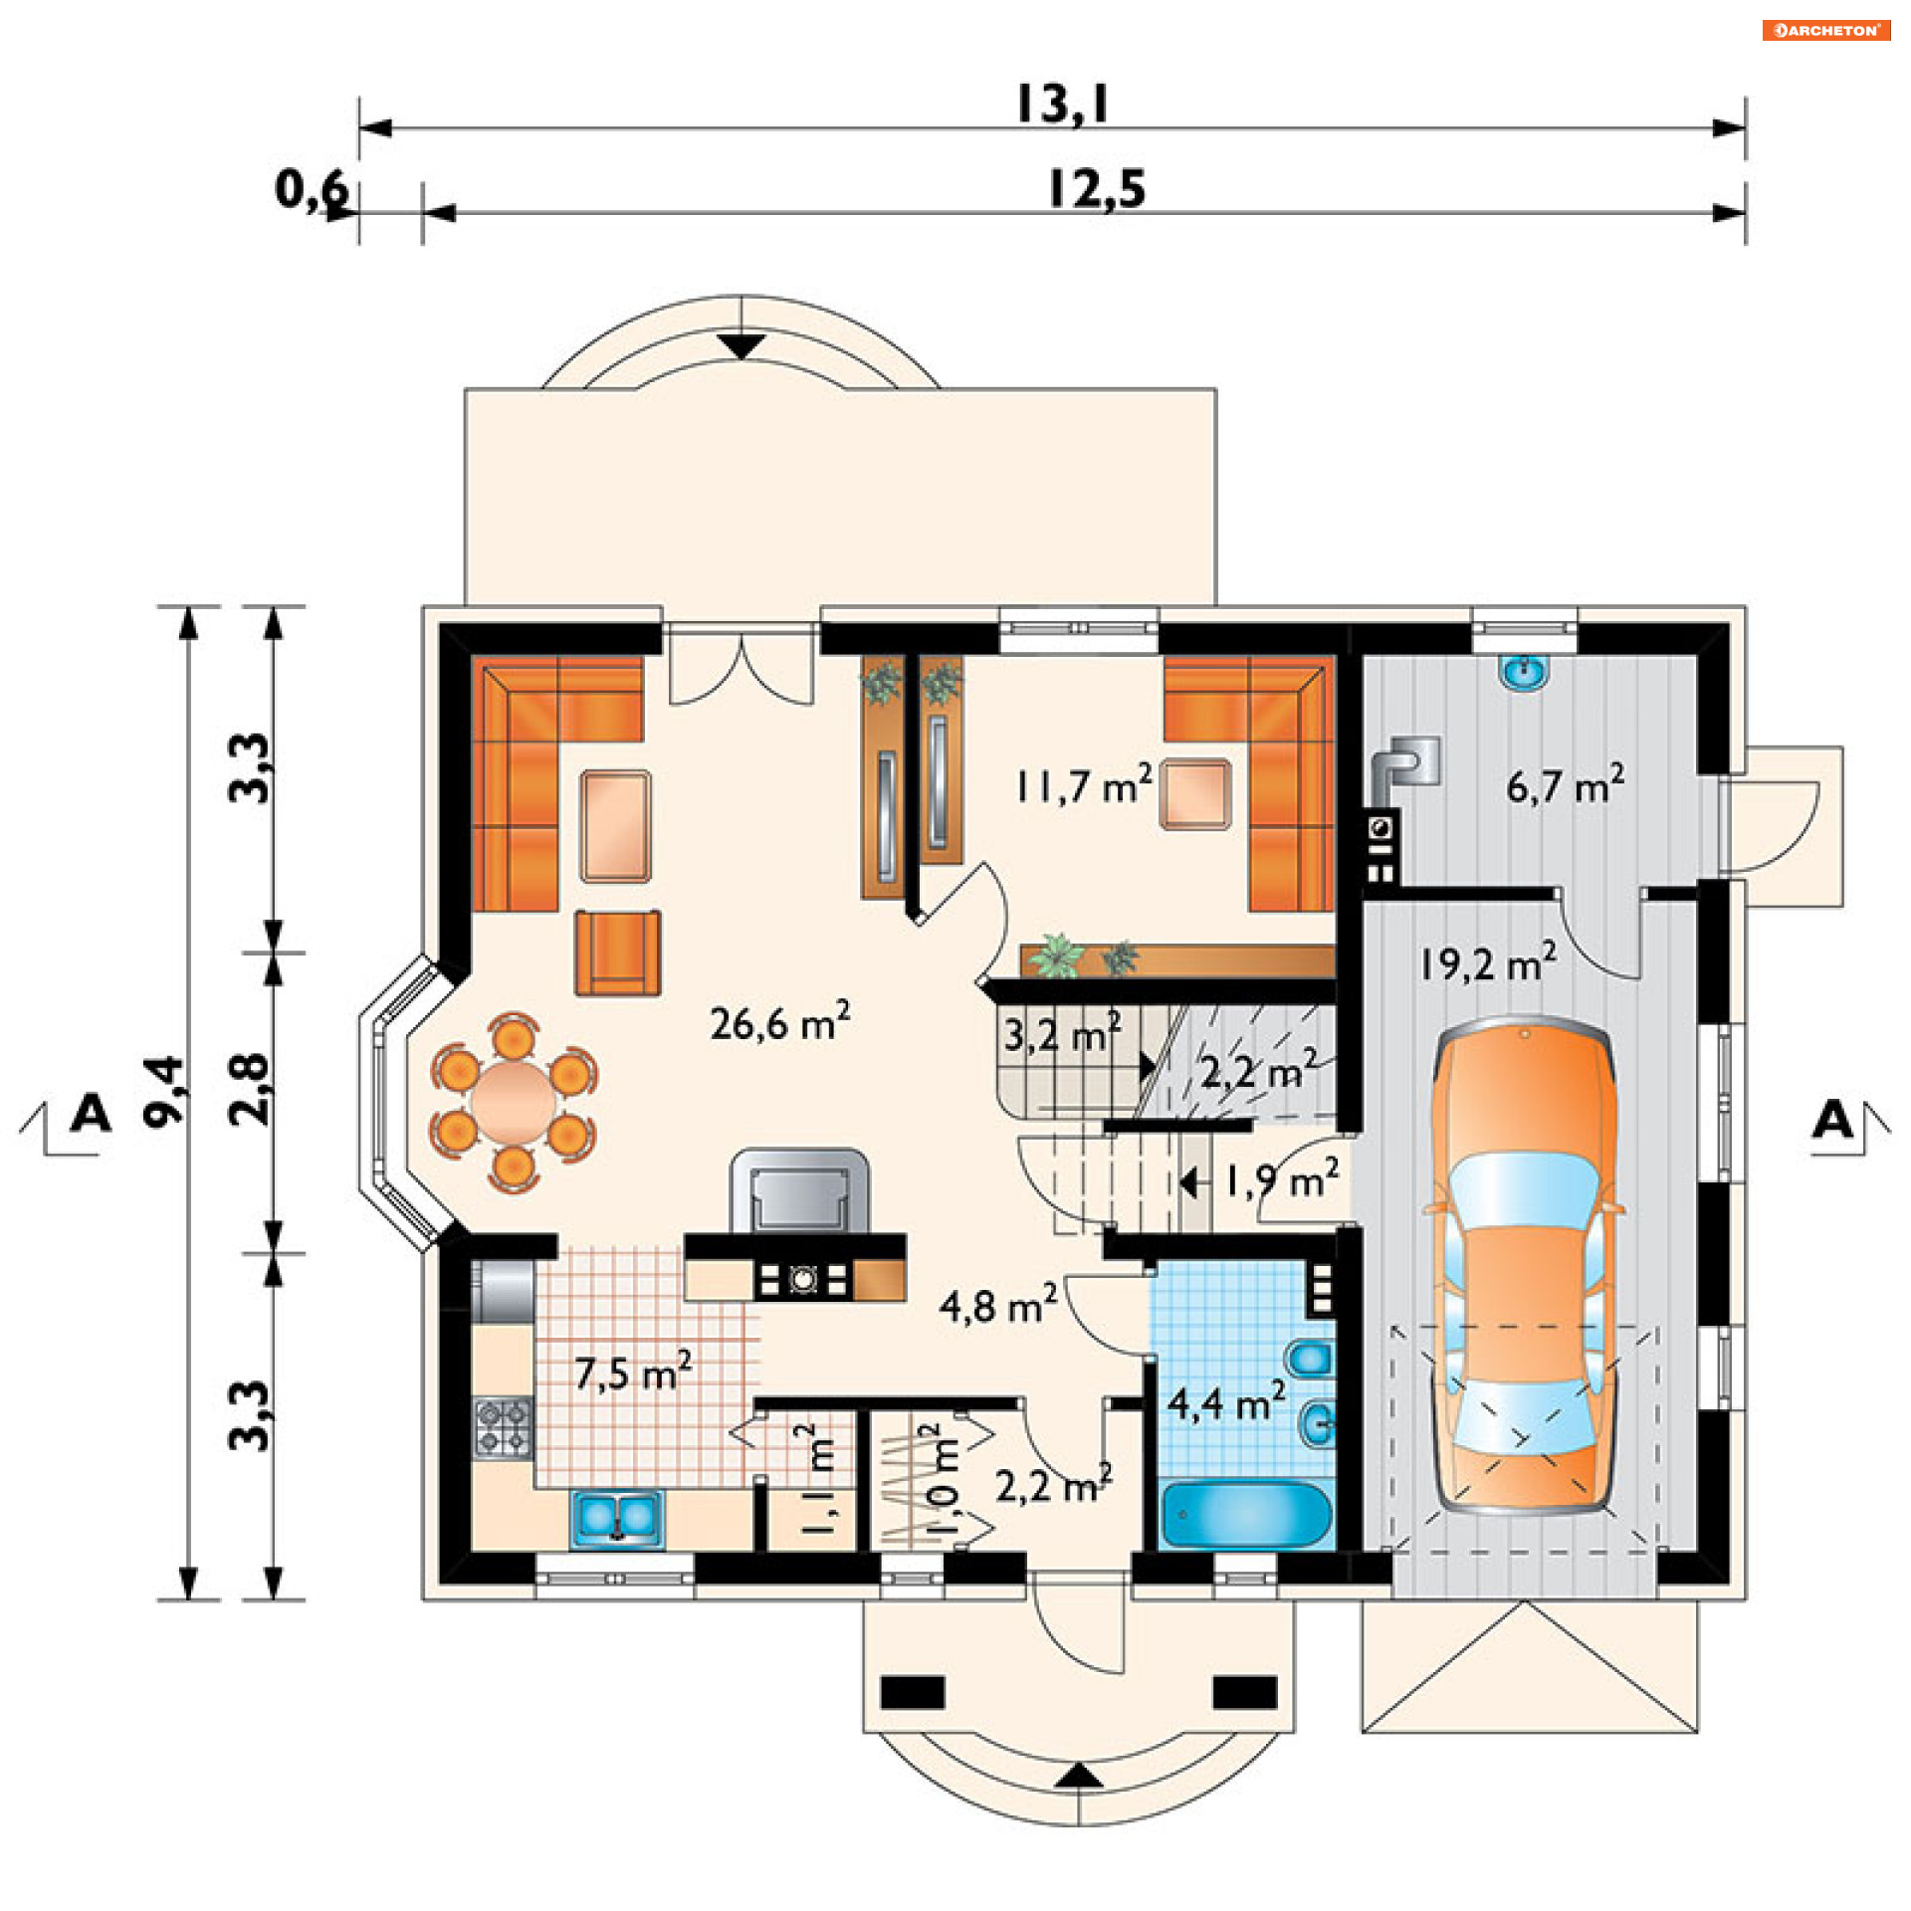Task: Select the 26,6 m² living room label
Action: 779,1022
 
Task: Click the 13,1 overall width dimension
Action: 1061,104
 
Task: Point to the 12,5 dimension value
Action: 1096,189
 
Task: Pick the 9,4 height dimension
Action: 165,1091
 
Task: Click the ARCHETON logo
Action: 1826,30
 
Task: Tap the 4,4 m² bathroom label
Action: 1226,1402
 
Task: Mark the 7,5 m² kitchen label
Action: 633,1374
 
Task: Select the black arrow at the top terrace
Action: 742,346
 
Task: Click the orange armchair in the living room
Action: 617,953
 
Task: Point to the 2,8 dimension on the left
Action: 249,1089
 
